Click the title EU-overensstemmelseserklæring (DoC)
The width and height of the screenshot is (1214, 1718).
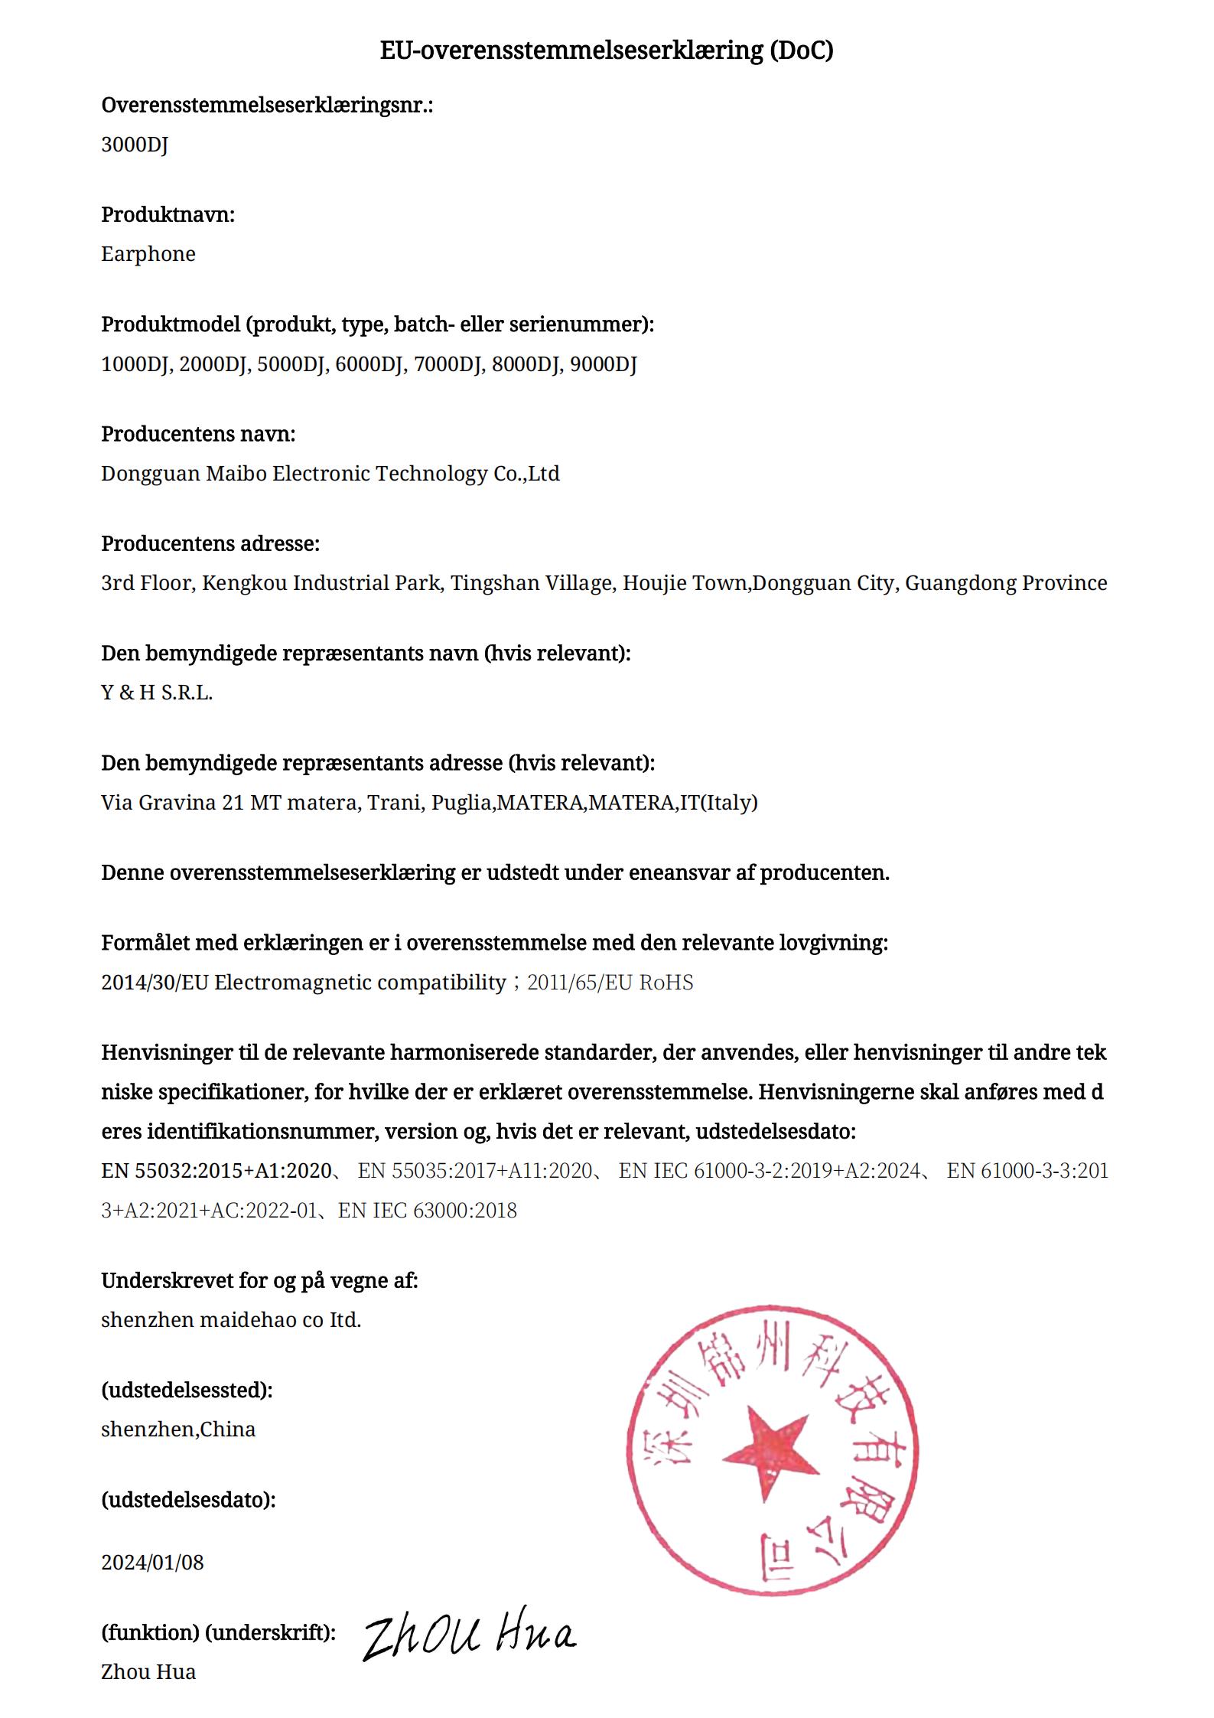(606, 51)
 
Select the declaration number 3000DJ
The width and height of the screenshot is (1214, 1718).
(135, 145)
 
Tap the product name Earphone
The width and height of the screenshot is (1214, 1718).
(148, 254)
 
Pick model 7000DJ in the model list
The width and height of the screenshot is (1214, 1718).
(448, 364)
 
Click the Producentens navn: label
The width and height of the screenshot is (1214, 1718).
(198, 434)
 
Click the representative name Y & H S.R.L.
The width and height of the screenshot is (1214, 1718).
(157, 693)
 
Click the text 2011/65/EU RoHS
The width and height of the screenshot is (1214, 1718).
(610, 983)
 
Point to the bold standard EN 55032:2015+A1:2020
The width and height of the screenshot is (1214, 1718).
(216, 1171)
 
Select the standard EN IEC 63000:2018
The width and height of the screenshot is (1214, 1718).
(428, 1211)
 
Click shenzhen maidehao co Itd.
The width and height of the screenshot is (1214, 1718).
(231, 1320)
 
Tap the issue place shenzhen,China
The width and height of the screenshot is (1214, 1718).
(178, 1429)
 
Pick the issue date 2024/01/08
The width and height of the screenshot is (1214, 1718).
(153, 1562)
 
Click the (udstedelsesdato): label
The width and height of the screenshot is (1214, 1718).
(188, 1499)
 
